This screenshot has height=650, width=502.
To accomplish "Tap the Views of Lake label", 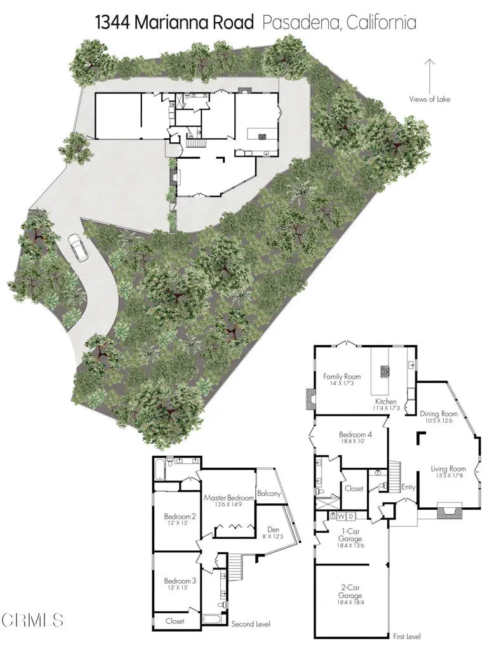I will coord(430,99).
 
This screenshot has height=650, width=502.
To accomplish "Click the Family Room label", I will coord(342,376).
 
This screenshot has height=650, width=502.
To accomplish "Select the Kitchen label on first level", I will coord(385,402).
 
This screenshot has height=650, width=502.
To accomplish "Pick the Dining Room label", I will coord(439,414).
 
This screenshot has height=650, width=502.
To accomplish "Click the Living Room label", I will coord(448,469).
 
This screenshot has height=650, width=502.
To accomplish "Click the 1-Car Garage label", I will coord(351,535).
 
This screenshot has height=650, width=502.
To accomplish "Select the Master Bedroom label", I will coord(228,498).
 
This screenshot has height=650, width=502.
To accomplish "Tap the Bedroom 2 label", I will coord(180,516).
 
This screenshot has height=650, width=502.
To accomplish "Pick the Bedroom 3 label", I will coord(180,581).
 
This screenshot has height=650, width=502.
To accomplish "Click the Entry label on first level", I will coord(409,487).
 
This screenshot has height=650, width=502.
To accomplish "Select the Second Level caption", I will coord(251,623).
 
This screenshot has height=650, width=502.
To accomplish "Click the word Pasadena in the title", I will coord(293,23).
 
